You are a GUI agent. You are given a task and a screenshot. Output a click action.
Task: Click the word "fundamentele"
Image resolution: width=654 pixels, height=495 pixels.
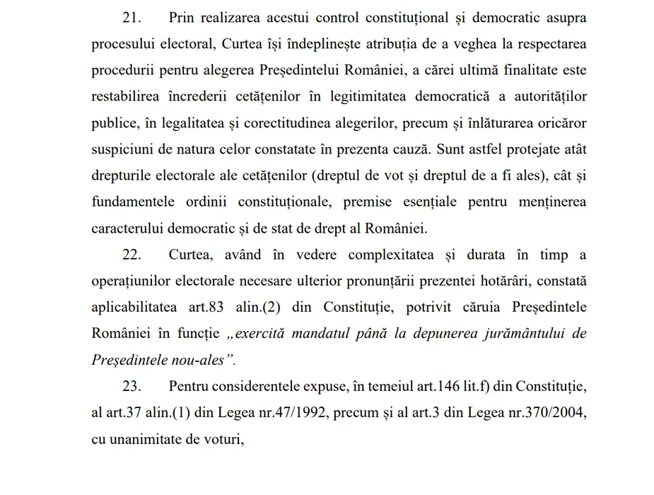click(133, 202)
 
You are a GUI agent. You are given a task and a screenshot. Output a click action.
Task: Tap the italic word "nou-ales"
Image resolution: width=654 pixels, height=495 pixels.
click(200, 359)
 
